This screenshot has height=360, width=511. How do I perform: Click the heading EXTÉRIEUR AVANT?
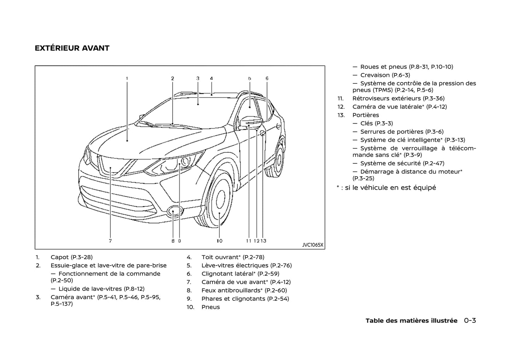coord(72,48)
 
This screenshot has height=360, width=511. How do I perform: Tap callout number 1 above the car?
coord(127,78)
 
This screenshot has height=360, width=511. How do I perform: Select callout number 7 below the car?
coord(110,241)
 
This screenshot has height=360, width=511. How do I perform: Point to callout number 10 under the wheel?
coord(220,241)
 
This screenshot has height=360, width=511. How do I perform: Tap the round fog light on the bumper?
coord(173,211)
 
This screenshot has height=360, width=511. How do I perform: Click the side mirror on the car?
coord(250,122)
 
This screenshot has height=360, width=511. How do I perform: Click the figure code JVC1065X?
coord(313,245)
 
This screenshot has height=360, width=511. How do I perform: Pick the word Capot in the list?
coord(59,257)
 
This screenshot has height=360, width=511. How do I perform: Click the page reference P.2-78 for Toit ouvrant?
coord(254,257)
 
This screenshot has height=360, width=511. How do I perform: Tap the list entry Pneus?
coord(211,307)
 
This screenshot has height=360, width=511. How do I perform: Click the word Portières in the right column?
coord(366,115)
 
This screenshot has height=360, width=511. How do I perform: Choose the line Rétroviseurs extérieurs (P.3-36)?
coord(398,99)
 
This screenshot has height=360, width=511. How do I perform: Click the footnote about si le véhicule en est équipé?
coord(386,188)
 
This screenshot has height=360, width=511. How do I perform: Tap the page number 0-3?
coord(470,321)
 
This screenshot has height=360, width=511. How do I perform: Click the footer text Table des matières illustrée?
coord(411,321)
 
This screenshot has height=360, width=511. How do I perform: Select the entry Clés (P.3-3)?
coord(376,123)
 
